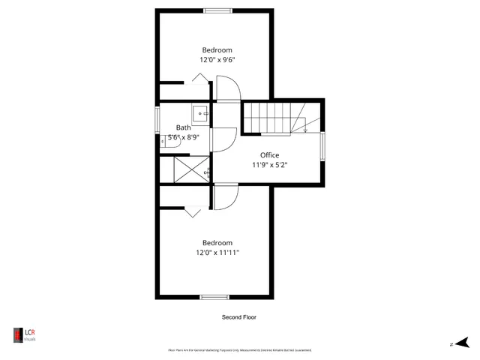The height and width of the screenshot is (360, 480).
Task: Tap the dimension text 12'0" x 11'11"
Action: (x=217, y=253)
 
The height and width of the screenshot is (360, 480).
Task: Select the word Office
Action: (x=269, y=155)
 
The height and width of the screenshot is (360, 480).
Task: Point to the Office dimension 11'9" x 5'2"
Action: (x=269, y=165)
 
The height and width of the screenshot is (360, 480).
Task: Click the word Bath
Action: (x=184, y=127)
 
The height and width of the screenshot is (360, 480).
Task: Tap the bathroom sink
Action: (x=200, y=113)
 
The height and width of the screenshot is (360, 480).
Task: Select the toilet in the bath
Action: (x=164, y=139)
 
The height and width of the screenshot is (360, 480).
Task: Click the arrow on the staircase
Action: (x=305, y=127)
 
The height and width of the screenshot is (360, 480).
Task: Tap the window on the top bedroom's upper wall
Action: (x=217, y=10)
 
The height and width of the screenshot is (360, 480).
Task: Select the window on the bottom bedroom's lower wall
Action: (x=214, y=297)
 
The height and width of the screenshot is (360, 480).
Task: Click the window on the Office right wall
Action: (x=322, y=146)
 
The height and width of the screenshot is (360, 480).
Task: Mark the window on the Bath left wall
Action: (x=157, y=118)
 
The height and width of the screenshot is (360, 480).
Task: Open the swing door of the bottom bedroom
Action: (x=226, y=196)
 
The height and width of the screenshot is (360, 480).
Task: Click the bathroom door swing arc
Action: (x=224, y=139)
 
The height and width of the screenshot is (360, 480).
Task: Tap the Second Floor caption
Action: (x=238, y=317)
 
